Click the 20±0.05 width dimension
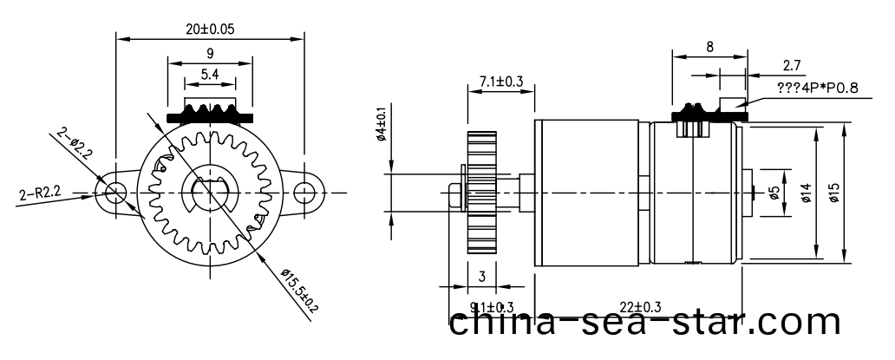(210, 28)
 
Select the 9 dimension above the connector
(210, 53)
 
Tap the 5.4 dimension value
(210, 75)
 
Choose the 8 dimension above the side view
(709, 48)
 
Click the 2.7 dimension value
(792, 64)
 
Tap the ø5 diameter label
(774, 193)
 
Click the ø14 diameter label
(806, 193)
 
